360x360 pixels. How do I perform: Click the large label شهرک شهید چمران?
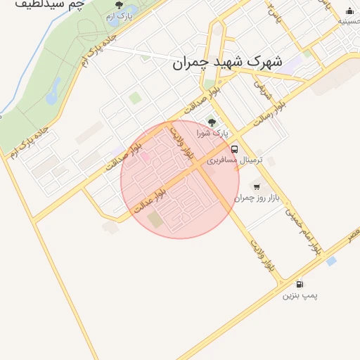(x=227, y=63)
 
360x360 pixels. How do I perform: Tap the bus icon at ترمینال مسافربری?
(x=234, y=149)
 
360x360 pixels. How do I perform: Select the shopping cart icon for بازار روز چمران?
(x=256, y=186)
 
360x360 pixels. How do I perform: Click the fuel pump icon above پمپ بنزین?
(x=300, y=284)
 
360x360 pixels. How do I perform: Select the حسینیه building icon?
(x=350, y=11)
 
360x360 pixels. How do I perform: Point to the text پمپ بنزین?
(x=300, y=296)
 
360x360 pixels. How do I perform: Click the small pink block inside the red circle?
(x=145, y=156)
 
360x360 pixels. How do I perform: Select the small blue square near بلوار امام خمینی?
(x=331, y=261)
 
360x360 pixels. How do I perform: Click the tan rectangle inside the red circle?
(x=155, y=219)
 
